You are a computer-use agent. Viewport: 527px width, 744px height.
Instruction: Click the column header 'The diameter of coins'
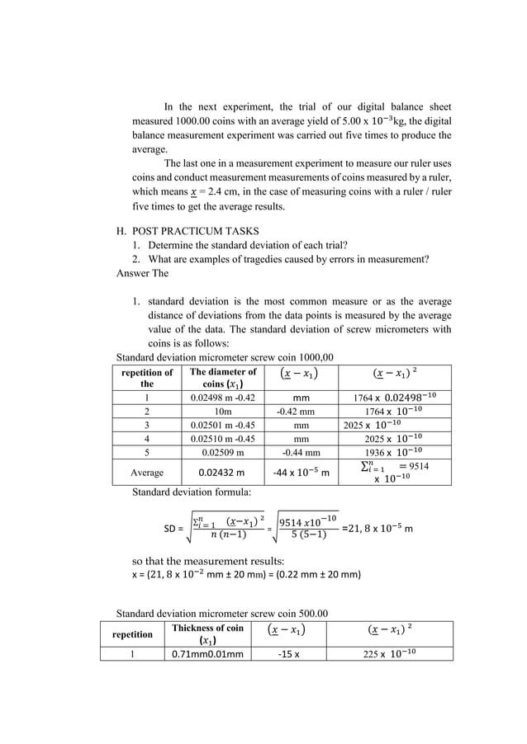coord(217,378)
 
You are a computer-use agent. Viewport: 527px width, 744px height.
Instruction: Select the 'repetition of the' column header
coord(147,378)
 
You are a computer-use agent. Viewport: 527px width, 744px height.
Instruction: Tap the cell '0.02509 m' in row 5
coord(217,453)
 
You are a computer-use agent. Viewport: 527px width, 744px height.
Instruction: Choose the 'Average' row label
coord(147,473)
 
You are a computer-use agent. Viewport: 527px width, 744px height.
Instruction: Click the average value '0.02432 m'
coord(217,473)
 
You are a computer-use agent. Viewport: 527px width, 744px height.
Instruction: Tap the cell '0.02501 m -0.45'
coord(217,425)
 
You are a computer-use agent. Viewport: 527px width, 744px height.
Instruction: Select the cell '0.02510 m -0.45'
coord(217,439)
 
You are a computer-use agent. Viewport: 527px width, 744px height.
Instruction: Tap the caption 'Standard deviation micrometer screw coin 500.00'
coord(221,614)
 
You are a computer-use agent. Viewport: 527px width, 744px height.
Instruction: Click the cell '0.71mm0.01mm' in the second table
coord(207,654)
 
